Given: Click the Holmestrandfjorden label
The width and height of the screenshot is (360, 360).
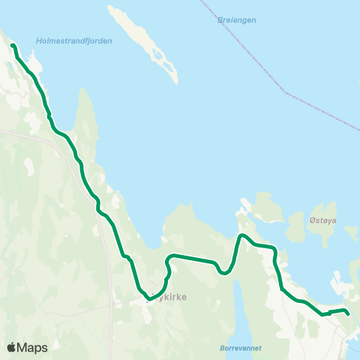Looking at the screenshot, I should click(73, 41).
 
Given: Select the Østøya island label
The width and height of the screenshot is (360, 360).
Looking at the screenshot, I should click(324, 220).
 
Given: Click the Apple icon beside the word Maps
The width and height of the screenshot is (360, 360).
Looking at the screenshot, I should click(12, 346).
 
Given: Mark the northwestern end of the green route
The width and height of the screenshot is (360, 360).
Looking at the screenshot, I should click(13, 46).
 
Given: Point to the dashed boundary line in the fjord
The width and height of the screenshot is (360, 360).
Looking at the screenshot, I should click(285, 92).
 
